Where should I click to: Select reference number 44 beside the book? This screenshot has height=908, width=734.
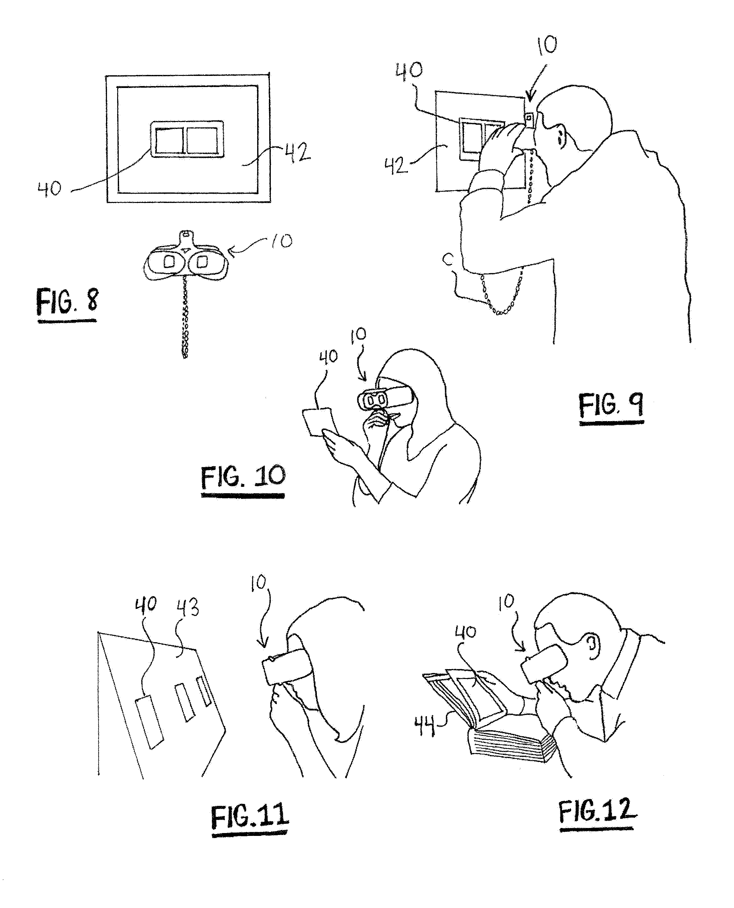tap(425, 727)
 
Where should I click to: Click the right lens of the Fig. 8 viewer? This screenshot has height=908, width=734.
tap(203, 261)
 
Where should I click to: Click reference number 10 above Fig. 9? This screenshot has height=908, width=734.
tap(547, 45)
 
